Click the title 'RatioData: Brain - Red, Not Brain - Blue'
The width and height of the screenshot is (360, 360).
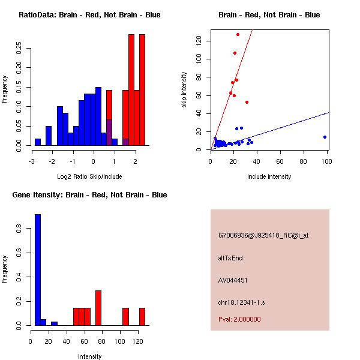[x=89, y=15]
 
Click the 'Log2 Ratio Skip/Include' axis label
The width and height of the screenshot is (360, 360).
[x=89, y=176]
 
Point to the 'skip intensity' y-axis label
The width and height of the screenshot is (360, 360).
[x=184, y=90]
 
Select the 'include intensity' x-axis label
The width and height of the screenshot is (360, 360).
[x=269, y=176]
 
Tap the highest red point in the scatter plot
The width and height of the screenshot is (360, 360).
[x=238, y=34]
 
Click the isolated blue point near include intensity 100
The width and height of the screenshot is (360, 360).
[x=325, y=137]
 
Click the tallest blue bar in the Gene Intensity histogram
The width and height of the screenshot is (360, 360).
[x=37, y=269]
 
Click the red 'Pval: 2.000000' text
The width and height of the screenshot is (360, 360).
[x=239, y=319]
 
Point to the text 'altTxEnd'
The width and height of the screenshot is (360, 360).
[x=230, y=258]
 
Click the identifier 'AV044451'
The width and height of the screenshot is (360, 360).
[x=233, y=280]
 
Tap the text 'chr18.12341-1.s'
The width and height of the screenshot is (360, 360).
[x=241, y=302]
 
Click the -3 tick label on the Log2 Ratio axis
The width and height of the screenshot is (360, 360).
[x=32, y=161]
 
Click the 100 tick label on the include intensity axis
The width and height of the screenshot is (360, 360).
[x=327, y=161]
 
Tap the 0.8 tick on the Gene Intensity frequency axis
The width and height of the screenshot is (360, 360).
[x=22, y=229]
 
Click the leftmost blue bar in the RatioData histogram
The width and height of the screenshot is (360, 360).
[x=37, y=142]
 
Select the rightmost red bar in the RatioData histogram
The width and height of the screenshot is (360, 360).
[x=142, y=90]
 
